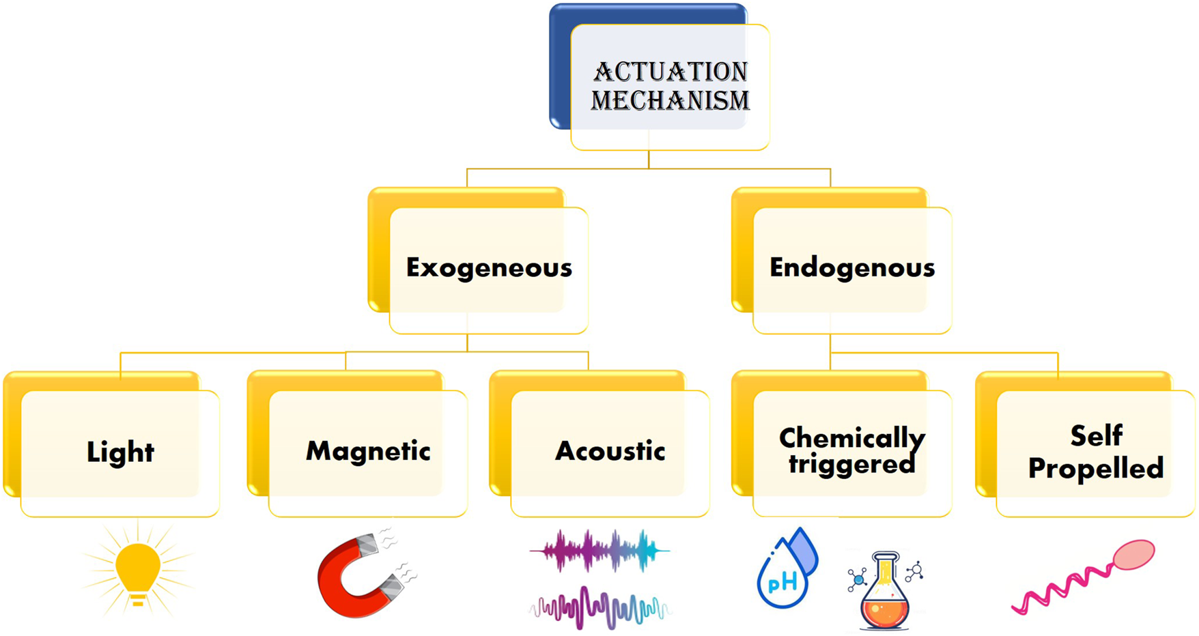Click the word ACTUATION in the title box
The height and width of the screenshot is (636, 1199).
click(670, 72)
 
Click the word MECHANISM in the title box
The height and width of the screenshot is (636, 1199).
click(670, 100)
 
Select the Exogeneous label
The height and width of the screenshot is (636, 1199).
click(489, 268)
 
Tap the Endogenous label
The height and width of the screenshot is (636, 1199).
click(852, 268)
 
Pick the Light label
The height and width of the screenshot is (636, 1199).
click(120, 452)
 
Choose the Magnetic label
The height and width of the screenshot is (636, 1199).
click(368, 450)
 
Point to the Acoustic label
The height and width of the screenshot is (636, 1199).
click(610, 450)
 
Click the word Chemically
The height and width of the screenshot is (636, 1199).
click(852, 437)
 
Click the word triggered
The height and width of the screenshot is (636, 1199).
click(852, 464)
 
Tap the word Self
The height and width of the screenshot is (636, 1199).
click(1096, 435)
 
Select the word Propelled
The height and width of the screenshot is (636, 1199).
click(1096, 468)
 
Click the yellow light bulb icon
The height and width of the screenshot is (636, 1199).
click(138, 566)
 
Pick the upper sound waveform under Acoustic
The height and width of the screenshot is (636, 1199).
click(599, 550)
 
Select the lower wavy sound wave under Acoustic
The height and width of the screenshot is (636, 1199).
click(599, 607)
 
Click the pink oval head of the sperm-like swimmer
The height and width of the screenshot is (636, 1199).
click(1133, 554)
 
